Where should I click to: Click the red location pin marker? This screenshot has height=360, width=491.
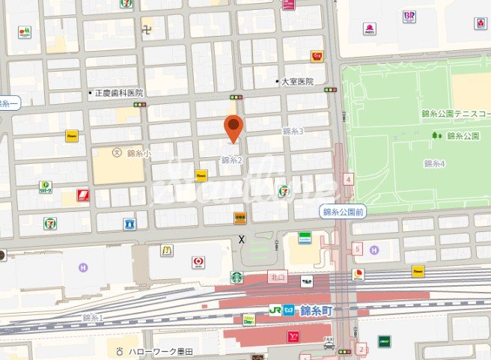point(234,128)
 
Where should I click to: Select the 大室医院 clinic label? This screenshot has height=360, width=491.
point(298,81)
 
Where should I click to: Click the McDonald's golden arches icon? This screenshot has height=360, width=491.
point(166,250)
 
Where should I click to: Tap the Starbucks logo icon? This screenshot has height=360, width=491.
point(237,278)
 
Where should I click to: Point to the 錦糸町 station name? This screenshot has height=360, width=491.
point(312,310)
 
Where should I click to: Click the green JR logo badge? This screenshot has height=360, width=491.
point(276,310)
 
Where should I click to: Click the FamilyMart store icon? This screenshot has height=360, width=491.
point(305,238)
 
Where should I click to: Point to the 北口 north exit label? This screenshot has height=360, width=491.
point(278,276)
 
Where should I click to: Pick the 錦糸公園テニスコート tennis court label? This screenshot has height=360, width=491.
point(455,117)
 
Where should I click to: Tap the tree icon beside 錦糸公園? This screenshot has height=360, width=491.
point(436,135)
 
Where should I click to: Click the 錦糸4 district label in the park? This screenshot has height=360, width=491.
point(434,163)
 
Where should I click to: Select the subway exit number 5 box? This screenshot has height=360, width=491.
point(358,248)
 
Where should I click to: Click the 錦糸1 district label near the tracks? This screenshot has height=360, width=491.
point(93,317)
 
